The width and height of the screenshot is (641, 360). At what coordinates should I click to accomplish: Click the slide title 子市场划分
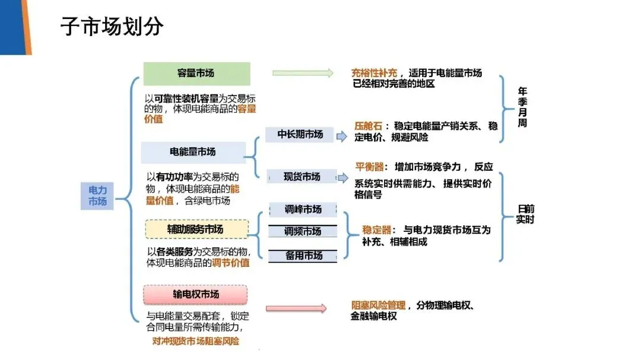coord(112,27)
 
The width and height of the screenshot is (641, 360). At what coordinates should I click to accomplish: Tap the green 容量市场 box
coord(196,73)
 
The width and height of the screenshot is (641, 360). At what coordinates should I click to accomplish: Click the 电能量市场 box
coord(193,152)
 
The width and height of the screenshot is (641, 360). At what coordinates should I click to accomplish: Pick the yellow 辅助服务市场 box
coord(196,229)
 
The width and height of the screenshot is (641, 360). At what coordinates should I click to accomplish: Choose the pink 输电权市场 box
coord(196,294)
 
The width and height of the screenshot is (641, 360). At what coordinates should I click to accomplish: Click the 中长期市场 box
coord(300,135)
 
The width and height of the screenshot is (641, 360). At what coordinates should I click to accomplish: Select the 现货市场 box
coord(302,177)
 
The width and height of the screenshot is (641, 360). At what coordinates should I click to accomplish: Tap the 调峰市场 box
coord(303,209)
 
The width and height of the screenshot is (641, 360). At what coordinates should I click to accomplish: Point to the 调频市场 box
coord(303,231)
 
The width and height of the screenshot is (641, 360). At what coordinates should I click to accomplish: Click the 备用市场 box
coord(303,256)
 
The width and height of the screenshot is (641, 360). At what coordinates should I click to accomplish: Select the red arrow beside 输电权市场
coord(296,308)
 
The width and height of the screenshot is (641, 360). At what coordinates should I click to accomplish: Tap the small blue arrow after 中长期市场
coord(342,136)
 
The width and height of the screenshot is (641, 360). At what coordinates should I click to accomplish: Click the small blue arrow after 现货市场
coord(342,177)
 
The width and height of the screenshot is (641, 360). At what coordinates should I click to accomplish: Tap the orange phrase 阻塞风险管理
coord(378,305)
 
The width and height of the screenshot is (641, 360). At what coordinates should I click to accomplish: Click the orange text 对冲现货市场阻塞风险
coord(195,341)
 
